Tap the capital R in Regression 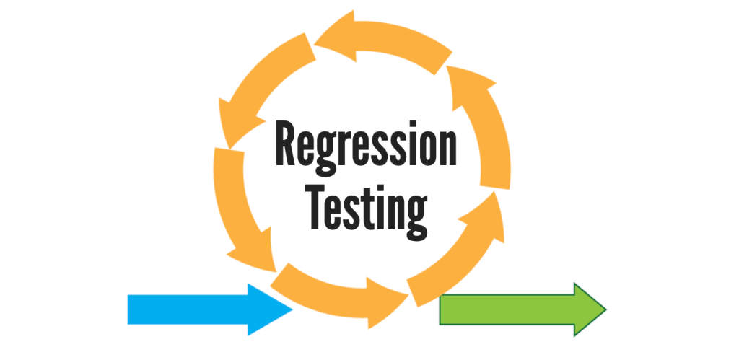(287, 144)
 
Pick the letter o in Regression (424, 148)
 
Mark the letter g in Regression (329, 153)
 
